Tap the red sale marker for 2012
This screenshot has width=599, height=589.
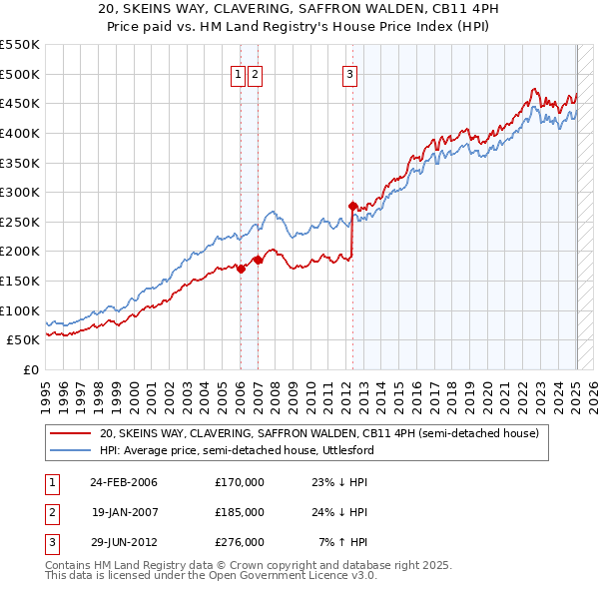coord(352,206)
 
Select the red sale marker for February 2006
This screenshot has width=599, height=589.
coord(241,269)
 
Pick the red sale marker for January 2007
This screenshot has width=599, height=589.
coord(257,260)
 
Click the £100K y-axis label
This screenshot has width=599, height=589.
coord(20,310)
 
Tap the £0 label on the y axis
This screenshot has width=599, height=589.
coord(30,369)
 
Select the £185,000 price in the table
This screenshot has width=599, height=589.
coord(240,512)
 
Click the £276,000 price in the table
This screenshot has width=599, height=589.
coord(240,542)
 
